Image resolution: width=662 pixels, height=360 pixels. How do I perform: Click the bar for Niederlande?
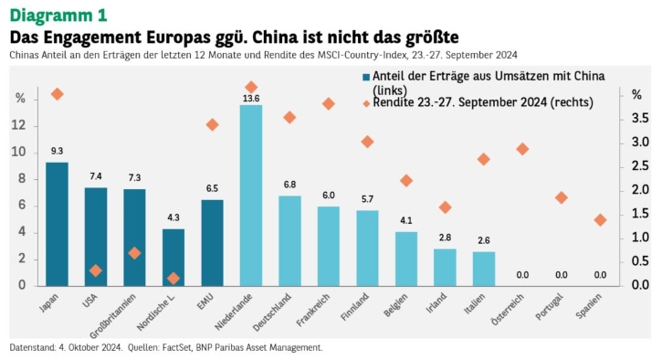click(x=251, y=196)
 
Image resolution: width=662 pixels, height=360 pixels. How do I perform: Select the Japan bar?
click(x=57, y=224)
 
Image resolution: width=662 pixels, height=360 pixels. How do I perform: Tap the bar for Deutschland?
click(x=289, y=241)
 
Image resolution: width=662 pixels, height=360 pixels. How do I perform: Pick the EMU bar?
click(x=212, y=243)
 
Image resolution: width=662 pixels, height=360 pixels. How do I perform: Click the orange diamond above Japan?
click(x=57, y=94)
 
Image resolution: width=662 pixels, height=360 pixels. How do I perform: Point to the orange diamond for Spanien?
click(x=600, y=220)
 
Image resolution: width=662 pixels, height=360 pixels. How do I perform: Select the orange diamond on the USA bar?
click(x=96, y=270)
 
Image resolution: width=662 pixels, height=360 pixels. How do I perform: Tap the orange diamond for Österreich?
click(x=522, y=149)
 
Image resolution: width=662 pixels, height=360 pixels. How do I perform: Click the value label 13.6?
click(x=251, y=99)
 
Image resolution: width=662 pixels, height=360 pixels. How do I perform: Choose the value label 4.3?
click(x=173, y=217)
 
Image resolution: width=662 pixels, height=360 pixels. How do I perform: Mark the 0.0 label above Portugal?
click(x=561, y=275)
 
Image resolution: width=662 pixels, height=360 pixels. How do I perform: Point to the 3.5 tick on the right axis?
click(x=640, y=118)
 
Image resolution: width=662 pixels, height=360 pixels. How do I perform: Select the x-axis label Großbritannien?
click(x=112, y=315)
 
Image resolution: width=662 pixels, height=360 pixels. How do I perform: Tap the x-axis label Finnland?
click(x=354, y=306)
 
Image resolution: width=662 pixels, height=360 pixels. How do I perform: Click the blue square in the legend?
click(x=366, y=77)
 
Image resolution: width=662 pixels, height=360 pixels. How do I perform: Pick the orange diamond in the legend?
click(x=366, y=103)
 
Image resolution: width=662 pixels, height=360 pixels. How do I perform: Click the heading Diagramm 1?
click(x=58, y=16)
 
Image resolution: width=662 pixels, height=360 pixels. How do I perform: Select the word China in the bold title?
click(x=276, y=37)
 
